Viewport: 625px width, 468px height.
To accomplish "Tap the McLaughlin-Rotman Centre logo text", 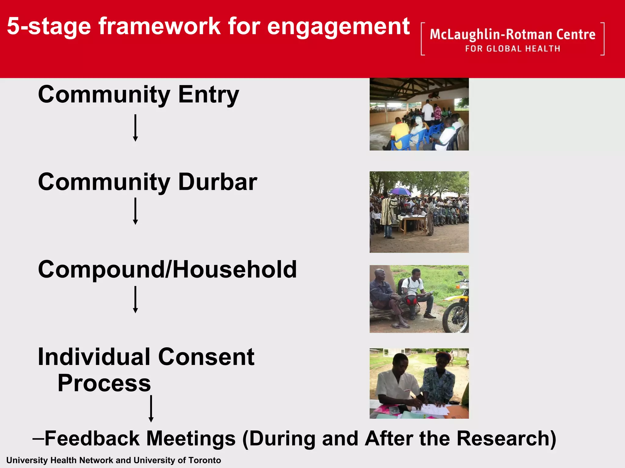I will pos(512,34).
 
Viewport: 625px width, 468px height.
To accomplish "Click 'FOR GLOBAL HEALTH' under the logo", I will pos(512,49).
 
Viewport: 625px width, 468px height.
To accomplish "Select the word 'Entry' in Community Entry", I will pos(208,95).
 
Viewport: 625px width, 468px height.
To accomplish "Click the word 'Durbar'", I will pos(218,182).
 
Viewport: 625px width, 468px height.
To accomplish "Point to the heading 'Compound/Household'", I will pos(167,270).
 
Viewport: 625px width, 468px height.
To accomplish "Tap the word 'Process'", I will pos(104,383).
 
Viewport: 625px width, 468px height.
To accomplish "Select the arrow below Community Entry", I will pos(135,128).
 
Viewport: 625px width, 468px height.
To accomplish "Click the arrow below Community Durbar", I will pos(135,211).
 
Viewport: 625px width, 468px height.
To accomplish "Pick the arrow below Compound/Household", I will pos(135,299).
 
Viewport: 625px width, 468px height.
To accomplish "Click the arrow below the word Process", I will pos(151,409).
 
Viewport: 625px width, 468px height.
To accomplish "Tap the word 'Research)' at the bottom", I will pos(506,438).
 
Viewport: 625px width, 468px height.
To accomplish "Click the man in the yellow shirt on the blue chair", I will pos(399,130).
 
